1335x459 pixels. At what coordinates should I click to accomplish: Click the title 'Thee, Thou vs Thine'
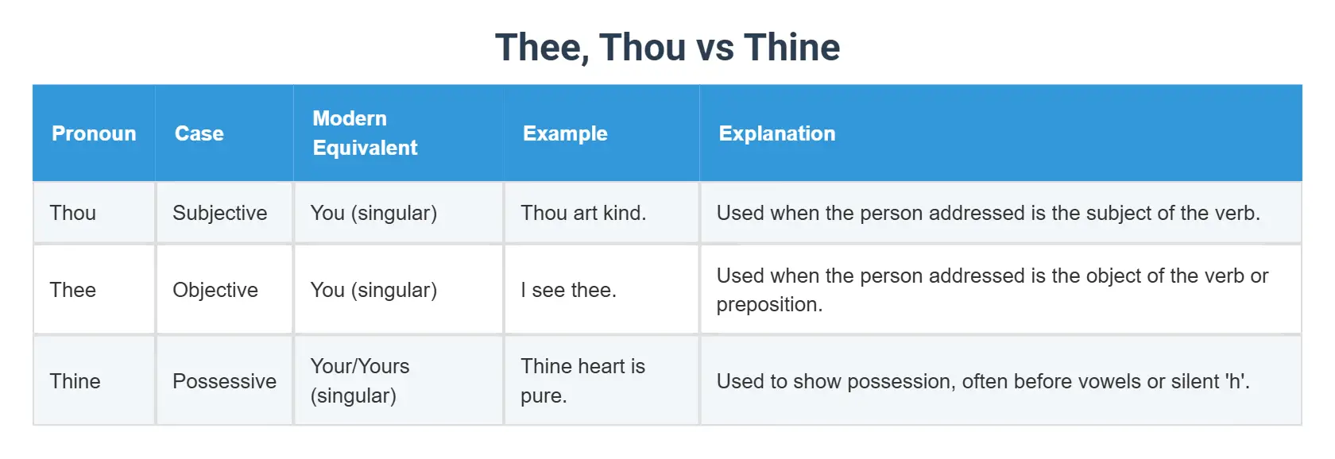(667, 48)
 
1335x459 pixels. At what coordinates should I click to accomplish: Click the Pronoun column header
(94, 133)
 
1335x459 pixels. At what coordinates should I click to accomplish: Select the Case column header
(199, 133)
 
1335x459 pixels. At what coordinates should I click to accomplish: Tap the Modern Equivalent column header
(365, 133)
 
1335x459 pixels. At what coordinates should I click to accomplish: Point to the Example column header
(565, 133)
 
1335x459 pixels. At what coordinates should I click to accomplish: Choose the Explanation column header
(776, 133)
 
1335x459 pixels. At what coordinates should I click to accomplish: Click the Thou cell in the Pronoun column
(73, 213)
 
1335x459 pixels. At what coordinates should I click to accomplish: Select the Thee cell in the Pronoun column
(73, 290)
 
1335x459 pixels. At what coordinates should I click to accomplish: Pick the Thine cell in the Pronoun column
(75, 381)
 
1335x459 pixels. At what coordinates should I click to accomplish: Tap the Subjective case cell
(220, 213)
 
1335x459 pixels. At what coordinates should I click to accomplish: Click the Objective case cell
(215, 290)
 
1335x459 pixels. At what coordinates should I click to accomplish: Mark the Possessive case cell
(225, 381)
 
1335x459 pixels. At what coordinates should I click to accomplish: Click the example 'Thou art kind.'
(583, 213)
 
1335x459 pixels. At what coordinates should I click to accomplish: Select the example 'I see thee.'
(568, 290)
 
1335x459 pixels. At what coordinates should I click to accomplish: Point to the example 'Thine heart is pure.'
(582, 381)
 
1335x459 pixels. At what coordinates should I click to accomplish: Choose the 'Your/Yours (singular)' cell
(360, 381)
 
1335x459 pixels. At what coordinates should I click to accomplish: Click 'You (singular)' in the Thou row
(373, 213)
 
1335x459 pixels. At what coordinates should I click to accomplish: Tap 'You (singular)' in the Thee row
(373, 290)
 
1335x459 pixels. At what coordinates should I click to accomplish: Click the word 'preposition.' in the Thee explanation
(769, 305)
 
